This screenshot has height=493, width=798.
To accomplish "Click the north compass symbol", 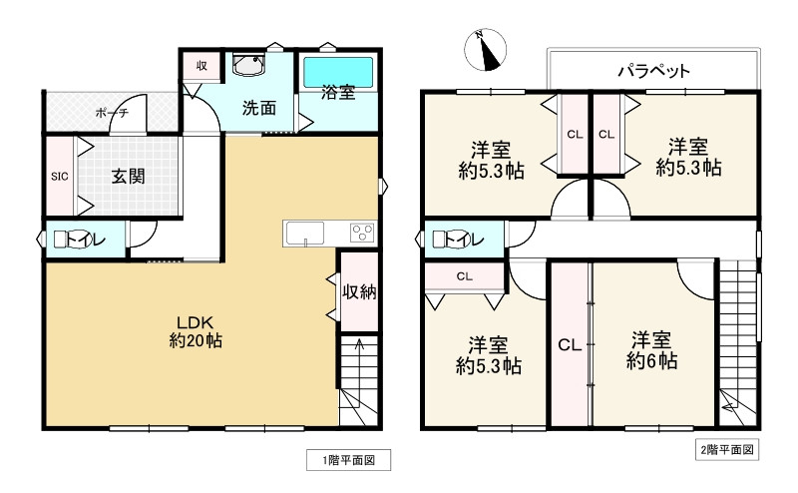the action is click(486, 50).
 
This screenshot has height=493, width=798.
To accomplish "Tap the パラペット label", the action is click(654, 70).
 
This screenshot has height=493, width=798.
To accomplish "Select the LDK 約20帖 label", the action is click(196, 331).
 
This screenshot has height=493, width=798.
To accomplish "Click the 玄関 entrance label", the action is click(129, 177).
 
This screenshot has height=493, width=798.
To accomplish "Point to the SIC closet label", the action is click(60, 177).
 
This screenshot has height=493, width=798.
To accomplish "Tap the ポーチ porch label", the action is click(112, 113).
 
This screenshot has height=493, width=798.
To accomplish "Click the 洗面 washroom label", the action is click(259, 108).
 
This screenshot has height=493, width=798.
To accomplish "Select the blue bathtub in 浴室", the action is click(338, 72).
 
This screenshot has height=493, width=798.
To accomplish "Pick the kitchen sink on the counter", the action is click(305, 234).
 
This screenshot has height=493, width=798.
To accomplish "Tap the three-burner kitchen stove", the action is click(362, 234).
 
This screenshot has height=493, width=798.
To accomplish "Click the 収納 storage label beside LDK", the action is click(359, 291).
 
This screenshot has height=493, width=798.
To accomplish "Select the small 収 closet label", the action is click(202, 66).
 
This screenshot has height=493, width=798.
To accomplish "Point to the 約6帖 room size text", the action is click(651, 361).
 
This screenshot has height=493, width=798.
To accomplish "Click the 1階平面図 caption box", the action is click(348, 460).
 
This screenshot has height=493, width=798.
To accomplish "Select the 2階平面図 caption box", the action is click(727, 450).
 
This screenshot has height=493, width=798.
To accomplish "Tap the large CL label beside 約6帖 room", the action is click(570, 345).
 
